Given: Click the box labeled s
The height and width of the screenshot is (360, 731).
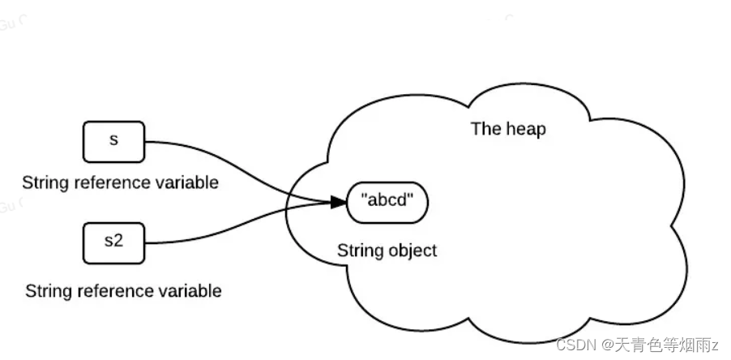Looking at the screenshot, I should (x=113, y=141).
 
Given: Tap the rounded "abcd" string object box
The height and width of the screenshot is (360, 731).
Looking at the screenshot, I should (x=387, y=200).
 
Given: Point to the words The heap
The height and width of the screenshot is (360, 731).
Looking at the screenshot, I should (x=508, y=129).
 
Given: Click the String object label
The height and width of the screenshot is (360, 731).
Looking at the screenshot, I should (x=387, y=251).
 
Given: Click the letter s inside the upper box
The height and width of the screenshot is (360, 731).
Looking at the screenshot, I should (x=113, y=139).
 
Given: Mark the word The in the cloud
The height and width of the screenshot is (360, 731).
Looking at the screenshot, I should (x=485, y=129).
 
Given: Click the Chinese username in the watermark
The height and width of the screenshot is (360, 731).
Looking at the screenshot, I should (x=664, y=345).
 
